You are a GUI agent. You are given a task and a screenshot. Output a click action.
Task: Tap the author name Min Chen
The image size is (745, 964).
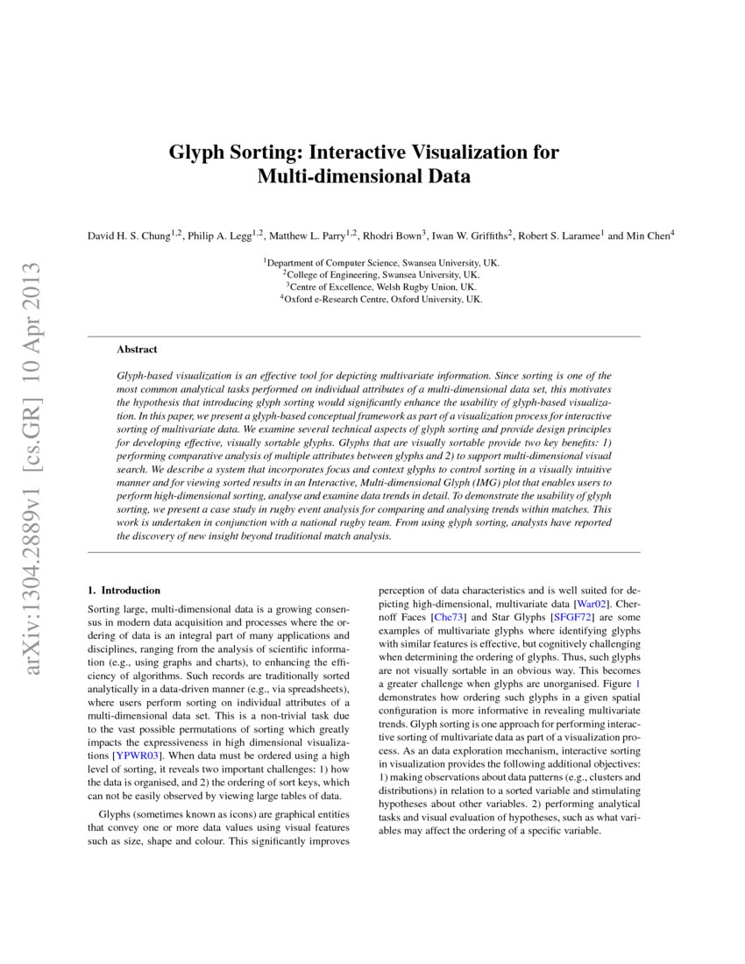click(649, 236)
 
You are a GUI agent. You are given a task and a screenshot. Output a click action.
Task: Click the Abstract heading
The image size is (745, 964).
click(137, 349)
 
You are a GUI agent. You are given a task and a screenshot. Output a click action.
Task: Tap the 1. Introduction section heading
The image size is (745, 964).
click(124, 591)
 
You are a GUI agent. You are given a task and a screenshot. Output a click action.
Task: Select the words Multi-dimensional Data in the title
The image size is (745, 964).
click(364, 176)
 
